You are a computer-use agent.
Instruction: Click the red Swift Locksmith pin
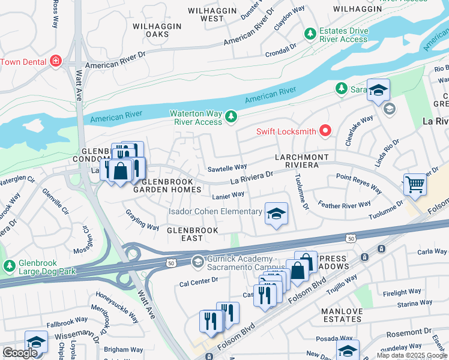[326, 130]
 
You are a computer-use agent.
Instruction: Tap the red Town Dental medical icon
[56, 61]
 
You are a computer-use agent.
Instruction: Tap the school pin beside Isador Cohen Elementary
[276, 214]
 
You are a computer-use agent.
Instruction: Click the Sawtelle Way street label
[227, 167]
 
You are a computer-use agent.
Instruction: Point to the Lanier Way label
[228, 195]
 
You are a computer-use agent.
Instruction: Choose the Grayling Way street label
[142, 219]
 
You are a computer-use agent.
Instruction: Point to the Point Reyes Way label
[359, 183]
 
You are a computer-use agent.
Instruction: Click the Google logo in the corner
[20, 353]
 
